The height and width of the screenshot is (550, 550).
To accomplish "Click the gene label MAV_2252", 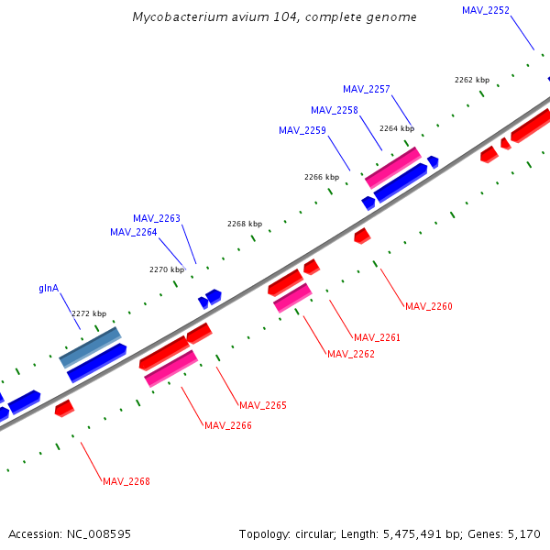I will click(x=486, y=10).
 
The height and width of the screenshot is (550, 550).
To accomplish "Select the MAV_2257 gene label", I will click(x=367, y=89).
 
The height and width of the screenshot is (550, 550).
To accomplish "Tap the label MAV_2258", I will click(x=335, y=110).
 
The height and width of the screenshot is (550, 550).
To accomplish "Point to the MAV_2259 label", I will click(x=302, y=130).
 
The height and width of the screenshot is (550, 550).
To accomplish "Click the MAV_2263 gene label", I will click(x=157, y=218).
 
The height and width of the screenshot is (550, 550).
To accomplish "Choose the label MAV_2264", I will click(x=134, y=232).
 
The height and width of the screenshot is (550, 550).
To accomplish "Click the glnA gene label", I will click(x=49, y=288).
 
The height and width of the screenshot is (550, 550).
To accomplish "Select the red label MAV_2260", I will click(x=429, y=306).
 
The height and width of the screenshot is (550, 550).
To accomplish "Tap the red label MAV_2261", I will click(x=378, y=337).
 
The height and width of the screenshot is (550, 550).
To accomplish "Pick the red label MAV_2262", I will click(x=351, y=354).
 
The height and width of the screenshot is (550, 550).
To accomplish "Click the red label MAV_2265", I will click(x=263, y=405).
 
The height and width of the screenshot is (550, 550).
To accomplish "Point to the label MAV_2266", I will click(x=228, y=425).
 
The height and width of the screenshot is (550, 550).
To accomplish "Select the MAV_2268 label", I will click(x=126, y=481).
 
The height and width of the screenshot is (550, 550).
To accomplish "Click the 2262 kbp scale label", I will click(x=472, y=80).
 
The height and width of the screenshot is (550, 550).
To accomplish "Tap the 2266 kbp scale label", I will click(x=322, y=176).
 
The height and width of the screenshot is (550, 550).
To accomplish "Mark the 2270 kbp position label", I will click(x=167, y=269).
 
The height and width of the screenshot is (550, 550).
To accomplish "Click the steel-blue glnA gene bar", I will click(x=90, y=347).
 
